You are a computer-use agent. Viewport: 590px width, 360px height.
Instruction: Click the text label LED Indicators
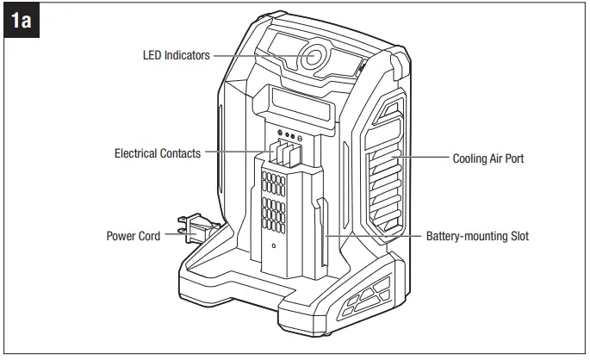(x=176, y=55)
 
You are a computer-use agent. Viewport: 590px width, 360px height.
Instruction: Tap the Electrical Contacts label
(x=158, y=153)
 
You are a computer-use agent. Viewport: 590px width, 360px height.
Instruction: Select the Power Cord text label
(x=133, y=235)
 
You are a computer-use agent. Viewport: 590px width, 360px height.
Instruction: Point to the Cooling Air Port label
(x=488, y=158)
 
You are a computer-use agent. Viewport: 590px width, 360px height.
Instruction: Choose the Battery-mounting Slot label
(x=477, y=235)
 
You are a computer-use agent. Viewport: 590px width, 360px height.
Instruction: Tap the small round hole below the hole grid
(x=273, y=246)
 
